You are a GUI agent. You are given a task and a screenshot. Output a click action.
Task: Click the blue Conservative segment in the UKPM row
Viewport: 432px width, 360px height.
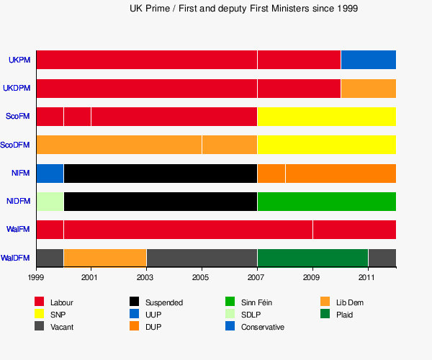(x=368, y=60)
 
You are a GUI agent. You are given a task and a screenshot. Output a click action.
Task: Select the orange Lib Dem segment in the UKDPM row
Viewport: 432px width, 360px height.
(x=368, y=89)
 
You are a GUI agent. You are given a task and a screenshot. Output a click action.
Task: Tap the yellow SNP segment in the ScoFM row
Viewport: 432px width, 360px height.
(x=326, y=117)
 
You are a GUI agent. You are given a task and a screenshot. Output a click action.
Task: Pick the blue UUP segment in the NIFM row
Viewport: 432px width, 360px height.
(x=50, y=174)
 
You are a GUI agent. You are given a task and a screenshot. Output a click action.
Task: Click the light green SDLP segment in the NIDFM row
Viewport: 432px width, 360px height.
(x=50, y=202)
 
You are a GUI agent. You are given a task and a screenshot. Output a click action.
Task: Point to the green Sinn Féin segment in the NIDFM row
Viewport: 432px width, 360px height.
(x=326, y=202)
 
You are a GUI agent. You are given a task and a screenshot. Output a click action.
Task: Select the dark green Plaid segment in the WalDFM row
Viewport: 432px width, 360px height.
(x=312, y=258)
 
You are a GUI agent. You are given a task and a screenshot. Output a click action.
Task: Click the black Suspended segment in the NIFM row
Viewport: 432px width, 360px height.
(x=160, y=174)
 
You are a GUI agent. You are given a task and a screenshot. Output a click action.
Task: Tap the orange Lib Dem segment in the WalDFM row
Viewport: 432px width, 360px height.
(x=105, y=258)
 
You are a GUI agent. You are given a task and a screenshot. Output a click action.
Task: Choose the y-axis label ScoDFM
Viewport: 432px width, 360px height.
(x=15, y=145)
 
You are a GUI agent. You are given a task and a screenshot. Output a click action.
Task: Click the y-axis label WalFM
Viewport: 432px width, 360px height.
(x=18, y=230)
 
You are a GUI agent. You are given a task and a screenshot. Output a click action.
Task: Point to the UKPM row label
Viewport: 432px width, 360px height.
(x=19, y=60)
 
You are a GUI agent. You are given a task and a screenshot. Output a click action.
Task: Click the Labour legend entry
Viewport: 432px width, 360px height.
(x=61, y=302)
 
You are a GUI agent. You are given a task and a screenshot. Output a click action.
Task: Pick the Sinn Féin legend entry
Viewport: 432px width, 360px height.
(x=256, y=302)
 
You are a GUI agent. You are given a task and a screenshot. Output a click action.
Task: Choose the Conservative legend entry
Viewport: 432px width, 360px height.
(x=262, y=327)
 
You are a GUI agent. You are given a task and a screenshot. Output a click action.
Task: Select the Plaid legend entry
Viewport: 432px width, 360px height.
(x=344, y=315)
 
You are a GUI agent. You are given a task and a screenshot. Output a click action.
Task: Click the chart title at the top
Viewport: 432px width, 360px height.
(x=244, y=9)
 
